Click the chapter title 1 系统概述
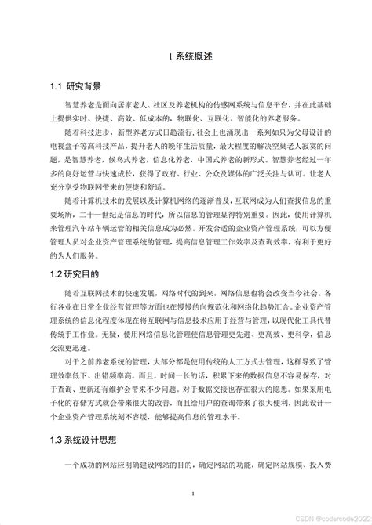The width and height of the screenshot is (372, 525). [185, 56]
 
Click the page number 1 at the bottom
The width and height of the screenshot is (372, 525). [186, 494]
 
